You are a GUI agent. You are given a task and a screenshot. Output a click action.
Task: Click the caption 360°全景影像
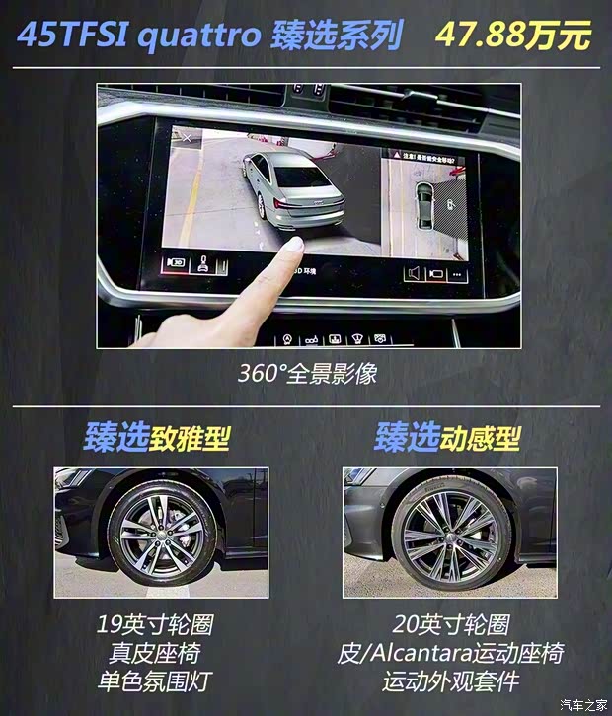(x=307, y=375)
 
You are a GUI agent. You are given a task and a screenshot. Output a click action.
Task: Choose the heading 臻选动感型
(x=447, y=437)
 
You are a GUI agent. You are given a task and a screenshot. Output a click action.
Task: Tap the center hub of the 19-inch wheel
(x=165, y=534)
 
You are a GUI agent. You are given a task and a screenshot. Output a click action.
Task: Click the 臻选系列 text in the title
(x=337, y=36)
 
